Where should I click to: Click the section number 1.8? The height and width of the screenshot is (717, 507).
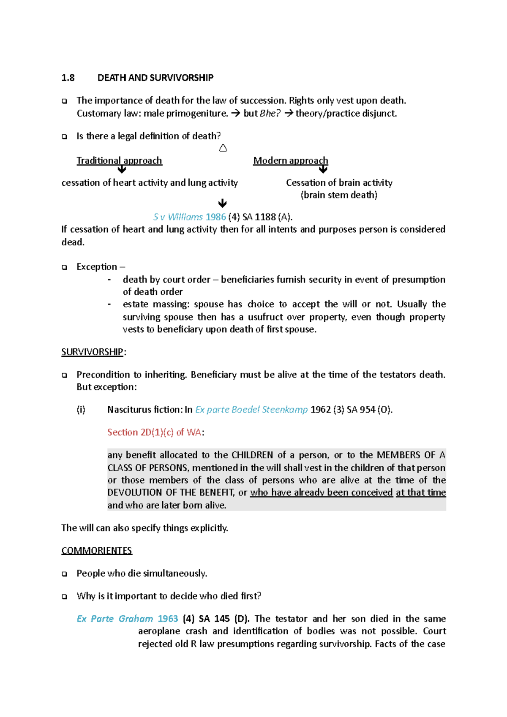68,78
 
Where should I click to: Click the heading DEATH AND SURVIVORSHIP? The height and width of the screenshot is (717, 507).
155,78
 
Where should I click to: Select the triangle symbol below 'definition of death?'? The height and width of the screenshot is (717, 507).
223,148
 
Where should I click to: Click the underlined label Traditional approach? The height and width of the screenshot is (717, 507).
119,160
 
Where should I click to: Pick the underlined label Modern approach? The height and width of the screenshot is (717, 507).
290,160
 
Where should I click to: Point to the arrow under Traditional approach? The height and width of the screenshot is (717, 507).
122,170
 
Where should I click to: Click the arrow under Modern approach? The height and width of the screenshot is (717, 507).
323,170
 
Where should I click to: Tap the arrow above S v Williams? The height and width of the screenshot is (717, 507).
222,204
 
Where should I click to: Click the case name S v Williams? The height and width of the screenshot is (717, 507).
178,217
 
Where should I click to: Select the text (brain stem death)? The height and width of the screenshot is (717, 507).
339,195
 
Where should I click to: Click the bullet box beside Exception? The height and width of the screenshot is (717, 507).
65,267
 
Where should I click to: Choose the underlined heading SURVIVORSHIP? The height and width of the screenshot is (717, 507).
92,352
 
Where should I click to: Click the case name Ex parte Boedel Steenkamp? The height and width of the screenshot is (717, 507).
251,410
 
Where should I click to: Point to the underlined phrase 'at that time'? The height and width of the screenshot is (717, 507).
421,492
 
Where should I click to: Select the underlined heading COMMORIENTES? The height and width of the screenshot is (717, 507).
97,551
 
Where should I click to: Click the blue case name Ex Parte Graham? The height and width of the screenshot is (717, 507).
115,619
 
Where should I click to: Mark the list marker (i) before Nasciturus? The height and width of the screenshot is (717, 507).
81,410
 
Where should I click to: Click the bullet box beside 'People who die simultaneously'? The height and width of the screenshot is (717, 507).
65,574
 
